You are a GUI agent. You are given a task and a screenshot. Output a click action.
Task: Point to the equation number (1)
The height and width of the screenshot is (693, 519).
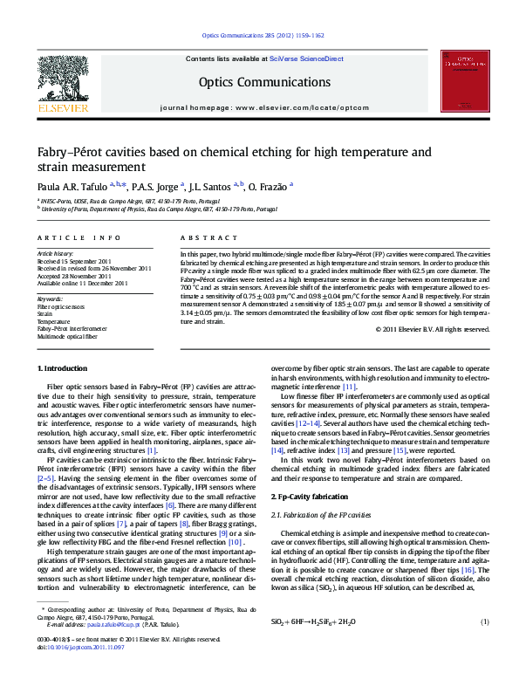485,621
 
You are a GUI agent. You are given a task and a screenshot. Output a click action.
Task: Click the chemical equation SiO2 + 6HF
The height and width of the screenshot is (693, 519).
312,622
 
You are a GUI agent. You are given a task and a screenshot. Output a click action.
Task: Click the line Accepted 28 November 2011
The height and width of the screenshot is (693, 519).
75,276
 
